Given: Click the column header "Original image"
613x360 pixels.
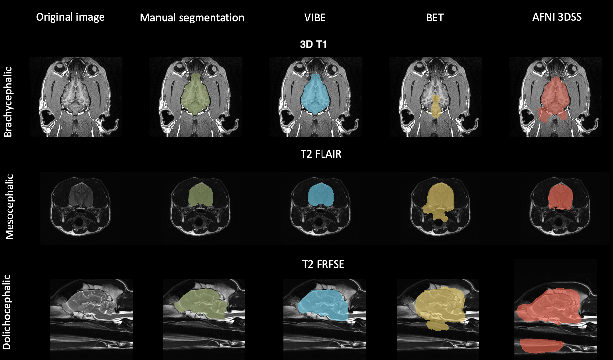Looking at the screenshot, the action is (70, 17).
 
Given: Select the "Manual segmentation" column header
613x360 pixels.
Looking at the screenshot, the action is (192, 18).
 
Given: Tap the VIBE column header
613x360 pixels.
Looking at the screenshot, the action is (315, 18).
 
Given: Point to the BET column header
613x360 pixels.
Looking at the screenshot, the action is (435, 18).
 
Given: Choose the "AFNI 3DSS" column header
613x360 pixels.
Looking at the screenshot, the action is (557, 17).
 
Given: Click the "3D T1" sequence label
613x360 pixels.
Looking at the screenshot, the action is (313, 44).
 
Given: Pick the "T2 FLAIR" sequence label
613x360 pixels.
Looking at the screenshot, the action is (321, 154).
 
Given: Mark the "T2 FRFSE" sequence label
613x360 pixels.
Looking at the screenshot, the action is (323, 264).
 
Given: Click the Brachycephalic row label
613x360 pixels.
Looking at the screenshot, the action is (8, 102).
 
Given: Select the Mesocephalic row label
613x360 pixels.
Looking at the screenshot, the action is (10, 206).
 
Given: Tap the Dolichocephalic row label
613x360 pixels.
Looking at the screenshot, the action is (7, 312).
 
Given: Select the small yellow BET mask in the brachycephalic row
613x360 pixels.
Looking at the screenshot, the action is (435, 106).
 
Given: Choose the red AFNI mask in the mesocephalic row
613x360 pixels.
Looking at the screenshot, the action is (560, 196).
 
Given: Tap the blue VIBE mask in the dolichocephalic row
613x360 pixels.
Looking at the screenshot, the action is (323, 305).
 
